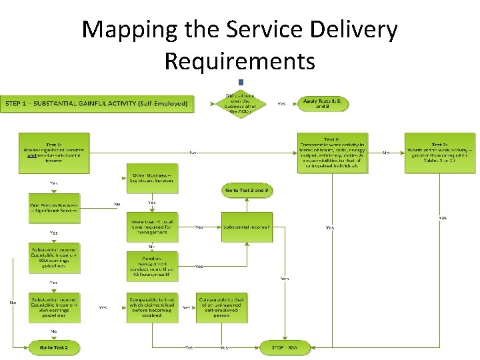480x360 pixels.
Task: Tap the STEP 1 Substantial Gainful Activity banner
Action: coord(97,103)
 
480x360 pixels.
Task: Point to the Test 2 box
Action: coord(332,153)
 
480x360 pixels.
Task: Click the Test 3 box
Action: coord(440,153)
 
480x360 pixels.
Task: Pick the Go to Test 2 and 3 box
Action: coord(247,191)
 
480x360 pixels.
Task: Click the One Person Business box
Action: coord(54,209)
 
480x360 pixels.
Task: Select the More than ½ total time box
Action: coord(152,227)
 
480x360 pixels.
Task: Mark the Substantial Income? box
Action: coord(247,227)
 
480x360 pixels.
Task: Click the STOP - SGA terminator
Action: coord(285,347)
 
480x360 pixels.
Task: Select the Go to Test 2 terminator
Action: coord(54,347)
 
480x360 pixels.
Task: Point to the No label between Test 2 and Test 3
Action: coord(385,153)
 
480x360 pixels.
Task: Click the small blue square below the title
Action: coord(241,82)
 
